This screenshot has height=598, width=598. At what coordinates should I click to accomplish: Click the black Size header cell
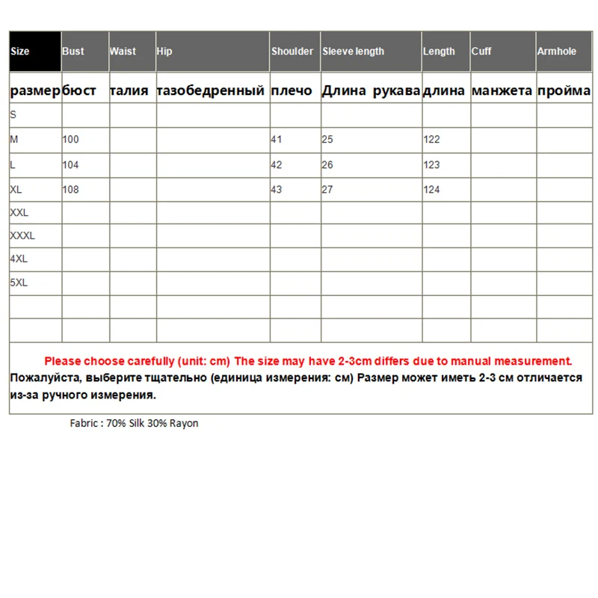click(34, 52)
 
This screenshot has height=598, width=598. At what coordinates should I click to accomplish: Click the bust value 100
click(71, 139)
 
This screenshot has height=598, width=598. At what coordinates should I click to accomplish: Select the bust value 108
click(71, 190)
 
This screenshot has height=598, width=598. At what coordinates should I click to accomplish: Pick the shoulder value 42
click(277, 164)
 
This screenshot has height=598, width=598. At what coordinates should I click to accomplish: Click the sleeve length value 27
click(327, 190)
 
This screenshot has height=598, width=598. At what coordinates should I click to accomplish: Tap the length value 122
click(431, 139)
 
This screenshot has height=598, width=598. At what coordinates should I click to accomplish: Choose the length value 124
click(431, 190)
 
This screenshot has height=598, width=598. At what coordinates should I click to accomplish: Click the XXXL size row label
click(22, 236)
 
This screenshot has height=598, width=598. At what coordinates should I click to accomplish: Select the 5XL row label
click(19, 283)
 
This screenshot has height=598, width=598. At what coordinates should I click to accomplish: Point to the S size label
click(13, 115)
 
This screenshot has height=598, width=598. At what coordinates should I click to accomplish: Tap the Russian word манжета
click(502, 91)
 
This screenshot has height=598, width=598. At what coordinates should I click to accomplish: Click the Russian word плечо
click(292, 91)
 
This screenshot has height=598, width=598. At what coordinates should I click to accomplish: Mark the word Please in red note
click(63, 360)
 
